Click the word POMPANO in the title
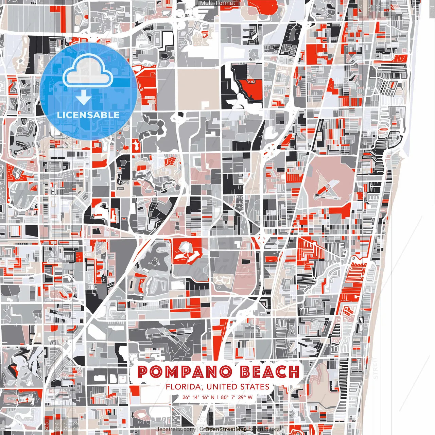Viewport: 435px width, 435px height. tap(185, 372)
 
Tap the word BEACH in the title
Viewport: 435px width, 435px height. tap(269, 372)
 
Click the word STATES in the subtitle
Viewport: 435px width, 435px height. tap(255, 387)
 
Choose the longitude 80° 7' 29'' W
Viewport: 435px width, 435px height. tap(237, 397)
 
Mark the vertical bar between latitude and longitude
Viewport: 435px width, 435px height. tap(217, 397)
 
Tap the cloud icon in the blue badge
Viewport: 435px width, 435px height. tap(88, 72)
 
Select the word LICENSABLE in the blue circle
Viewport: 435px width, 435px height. tap(88, 115)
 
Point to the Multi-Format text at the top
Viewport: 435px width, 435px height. tap(217, 3)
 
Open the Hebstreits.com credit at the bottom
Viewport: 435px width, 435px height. tap(175, 429)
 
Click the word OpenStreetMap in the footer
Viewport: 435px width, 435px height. tap(226, 429)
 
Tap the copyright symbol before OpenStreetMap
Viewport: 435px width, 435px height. tap(202, 429)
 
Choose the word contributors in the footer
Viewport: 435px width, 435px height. tap(264, 429)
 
